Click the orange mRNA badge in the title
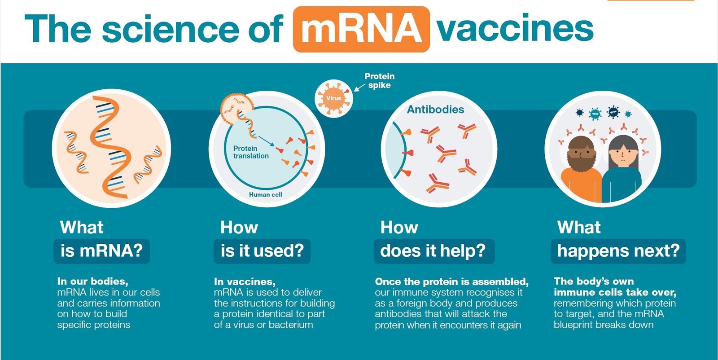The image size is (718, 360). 361,29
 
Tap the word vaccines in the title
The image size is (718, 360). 516,28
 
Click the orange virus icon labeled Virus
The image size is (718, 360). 334,98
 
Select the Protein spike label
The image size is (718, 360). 380,81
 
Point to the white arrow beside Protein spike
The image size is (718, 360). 359,88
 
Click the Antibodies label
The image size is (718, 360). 435,110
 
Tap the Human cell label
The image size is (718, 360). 265,194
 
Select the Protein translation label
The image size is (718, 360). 251,152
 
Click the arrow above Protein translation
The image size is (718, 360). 266,141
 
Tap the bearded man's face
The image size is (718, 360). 581,154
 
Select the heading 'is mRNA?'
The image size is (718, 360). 101,250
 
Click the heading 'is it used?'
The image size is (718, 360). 262,250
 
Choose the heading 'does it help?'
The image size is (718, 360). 433,250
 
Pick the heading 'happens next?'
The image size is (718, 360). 618,250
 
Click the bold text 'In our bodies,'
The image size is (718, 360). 92,281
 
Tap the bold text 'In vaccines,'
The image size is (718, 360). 245,282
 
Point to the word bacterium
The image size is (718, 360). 291,325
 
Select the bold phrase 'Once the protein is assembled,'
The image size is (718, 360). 451,282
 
